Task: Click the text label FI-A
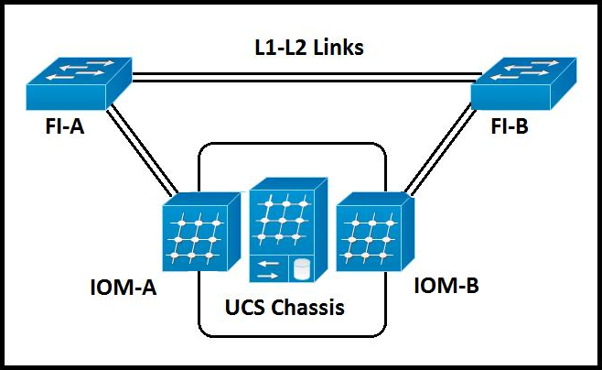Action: (x=63, y=128)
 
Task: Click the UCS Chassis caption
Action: (x=285, y=308)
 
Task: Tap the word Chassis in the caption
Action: (x=311, y=308)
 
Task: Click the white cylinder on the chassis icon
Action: (x=300, y=268)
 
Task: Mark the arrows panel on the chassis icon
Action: (x=269, y=268)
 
